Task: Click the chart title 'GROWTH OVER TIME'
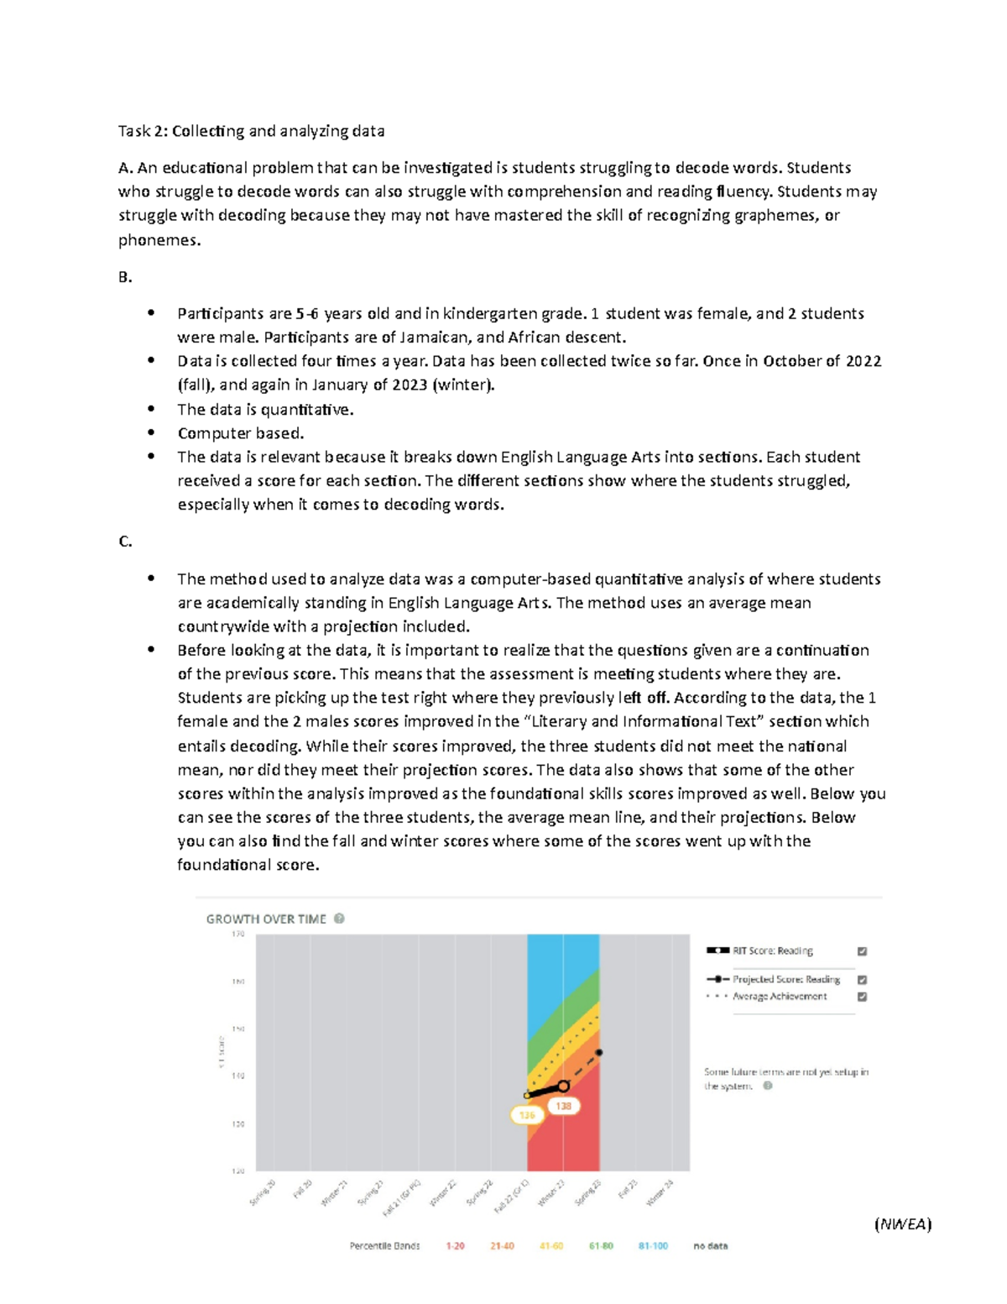pos(266,919)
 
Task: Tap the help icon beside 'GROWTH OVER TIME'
pos(339,919)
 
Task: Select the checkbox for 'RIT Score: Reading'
pos(862,951)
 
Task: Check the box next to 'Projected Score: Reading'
pos(862,980)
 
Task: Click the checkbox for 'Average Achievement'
pos(862,997)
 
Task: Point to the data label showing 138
pos(563,1106)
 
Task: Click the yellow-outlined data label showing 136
pos(527,1115)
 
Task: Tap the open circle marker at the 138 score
pos(564,1087)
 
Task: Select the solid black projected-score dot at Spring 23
pos(599,1052)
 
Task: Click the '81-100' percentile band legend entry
pos(653,1246)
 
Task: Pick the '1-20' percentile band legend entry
pos(455,1246)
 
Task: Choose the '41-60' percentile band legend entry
pos(551,1246)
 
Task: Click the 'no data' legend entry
pos(710,1246)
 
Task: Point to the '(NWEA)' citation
pos(903,1223)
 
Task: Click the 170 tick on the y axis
pos(238,934)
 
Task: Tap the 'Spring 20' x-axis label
pos(263,1192)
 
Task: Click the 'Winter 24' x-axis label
pos(660,1193)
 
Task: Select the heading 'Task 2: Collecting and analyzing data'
pos(251,131)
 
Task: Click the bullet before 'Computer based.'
pos(151,432)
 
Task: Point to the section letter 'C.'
pos(125,542)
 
